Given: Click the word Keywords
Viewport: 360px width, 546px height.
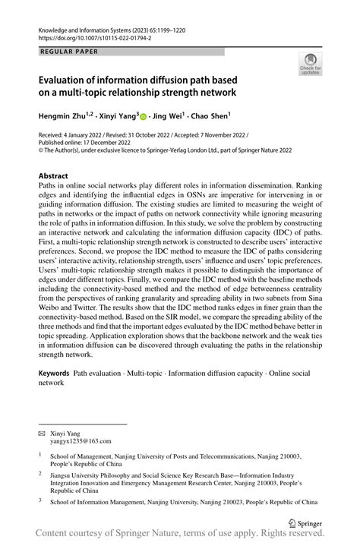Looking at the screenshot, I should [55, 374].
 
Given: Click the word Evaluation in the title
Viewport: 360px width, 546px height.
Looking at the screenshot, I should [69, 78].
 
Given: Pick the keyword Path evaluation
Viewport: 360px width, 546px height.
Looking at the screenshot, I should [98, 374].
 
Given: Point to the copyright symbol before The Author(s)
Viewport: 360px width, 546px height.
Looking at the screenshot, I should [42, 150].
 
